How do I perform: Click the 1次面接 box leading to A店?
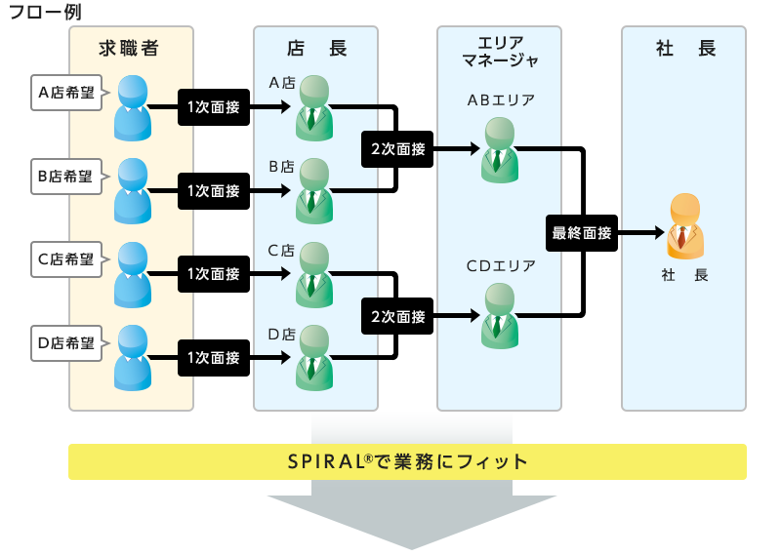[214, 107]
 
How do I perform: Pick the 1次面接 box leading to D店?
[214, 357]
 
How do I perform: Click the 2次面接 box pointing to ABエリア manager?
[397, 149]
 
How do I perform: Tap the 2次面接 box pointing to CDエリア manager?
[397, 316]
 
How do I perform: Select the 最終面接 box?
[582, 233]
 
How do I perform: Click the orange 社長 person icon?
[685, 226]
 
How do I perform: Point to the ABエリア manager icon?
[500, 150]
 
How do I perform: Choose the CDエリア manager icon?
[500, 316]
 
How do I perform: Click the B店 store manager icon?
[314, 191]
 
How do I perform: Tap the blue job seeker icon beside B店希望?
[133, 191]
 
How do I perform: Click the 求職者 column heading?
[129, 48]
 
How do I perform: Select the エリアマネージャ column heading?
[500, 52]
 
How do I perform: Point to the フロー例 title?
[45, 12]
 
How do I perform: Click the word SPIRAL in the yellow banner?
[327, 462]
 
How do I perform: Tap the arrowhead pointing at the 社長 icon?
[660, 232]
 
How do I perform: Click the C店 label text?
[281, 251]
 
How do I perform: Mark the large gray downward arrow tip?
[411, 548]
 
